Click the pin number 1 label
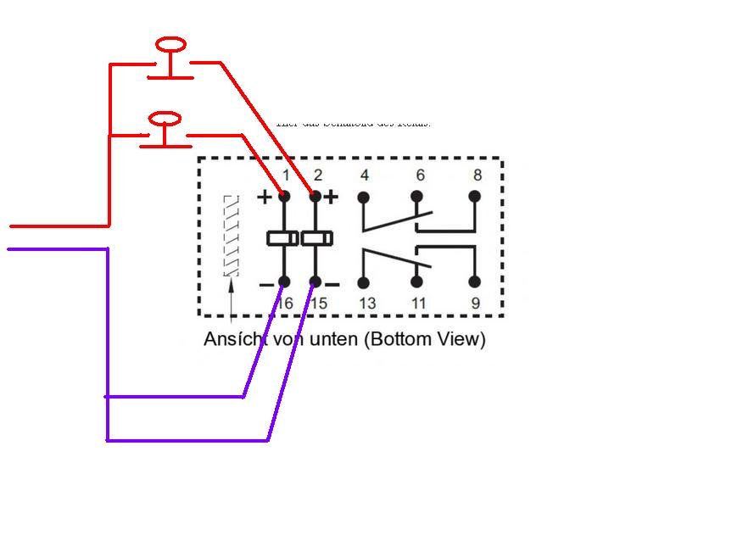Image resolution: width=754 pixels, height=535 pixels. [x=286, y=176]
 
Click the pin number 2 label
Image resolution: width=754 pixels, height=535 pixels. [x=318, y=176]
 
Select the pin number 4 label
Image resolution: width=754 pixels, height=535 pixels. [x=364, y=176]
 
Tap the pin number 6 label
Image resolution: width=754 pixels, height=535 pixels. [x=420, y=176]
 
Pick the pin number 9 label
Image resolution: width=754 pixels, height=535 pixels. [x=474, y=303]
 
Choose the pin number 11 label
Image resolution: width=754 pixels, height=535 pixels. [x=419, y=303]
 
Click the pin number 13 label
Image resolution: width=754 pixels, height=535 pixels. [x=366, y=303]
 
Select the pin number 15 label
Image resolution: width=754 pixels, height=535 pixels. [x=319, y=303]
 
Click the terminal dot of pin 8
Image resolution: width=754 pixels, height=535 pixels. [x=474, y=197]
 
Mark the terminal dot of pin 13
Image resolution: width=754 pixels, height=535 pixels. [x=364, y=282]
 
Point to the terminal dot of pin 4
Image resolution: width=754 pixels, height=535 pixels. [x=364, y=197]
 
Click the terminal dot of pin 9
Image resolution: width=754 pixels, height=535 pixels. [x=474, y=281]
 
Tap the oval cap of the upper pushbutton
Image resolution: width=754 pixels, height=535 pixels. [x=171, y=44]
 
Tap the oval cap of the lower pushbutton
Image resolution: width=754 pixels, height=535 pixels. [x=165, y=118]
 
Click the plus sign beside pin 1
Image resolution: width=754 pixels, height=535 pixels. [x=265, y=198]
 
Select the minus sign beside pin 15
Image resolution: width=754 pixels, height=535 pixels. [x=332, y=284]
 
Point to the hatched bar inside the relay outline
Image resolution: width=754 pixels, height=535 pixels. [x=231, y=236]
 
